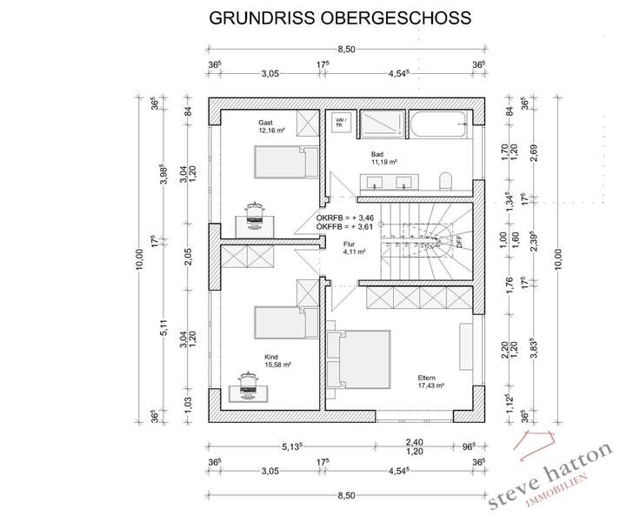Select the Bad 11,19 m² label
pos(383,158)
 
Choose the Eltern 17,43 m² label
pos(430,381)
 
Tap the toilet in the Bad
pos(446,180)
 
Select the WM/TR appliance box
pos(340,123)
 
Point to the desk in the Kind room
pos(251,387)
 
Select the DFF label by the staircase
pos(458,243)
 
